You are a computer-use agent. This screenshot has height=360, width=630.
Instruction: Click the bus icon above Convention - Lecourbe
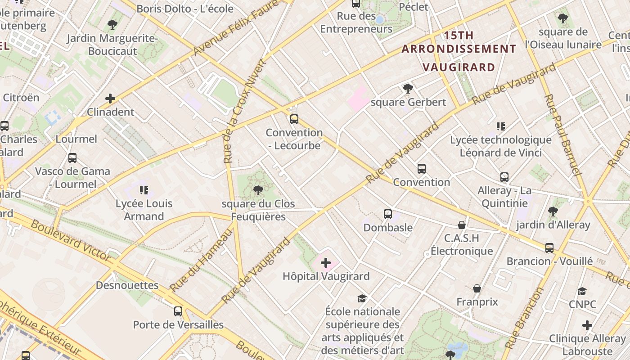[x=294, y=119]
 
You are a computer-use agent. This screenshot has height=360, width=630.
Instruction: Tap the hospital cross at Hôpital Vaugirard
[x=325, y=263]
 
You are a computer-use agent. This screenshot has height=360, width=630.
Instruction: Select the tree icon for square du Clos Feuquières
[x=258, y=190]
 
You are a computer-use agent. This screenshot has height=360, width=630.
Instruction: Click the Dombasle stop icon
[x=387, y=214]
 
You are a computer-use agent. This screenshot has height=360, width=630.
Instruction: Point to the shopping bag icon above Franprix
[x=477, y=288]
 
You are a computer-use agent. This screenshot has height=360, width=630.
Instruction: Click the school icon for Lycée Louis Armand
[x=144, y=190]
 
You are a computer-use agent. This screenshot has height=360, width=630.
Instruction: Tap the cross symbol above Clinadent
[x=110, y=99]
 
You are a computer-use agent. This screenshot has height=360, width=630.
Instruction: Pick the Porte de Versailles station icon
[x=178, y=311]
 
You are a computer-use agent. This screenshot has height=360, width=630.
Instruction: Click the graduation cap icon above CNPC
[x=582, y=291]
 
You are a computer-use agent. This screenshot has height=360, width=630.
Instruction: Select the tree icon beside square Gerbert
[x=408, y=89]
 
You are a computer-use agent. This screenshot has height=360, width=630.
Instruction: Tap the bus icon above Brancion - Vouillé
[x=549, y=248]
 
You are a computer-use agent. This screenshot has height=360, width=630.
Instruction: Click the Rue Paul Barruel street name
[x=562, y=135]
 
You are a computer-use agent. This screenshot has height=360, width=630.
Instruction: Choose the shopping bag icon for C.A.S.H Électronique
[x=461, y=225]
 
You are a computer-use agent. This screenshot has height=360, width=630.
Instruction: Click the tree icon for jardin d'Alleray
[x=553, y=211]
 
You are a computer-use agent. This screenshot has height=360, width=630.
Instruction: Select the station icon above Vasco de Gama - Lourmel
[x=72, y=158]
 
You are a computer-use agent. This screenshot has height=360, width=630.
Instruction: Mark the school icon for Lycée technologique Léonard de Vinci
[x=500, y=126]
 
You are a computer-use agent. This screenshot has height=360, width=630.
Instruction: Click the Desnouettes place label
[x=127, y=285]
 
